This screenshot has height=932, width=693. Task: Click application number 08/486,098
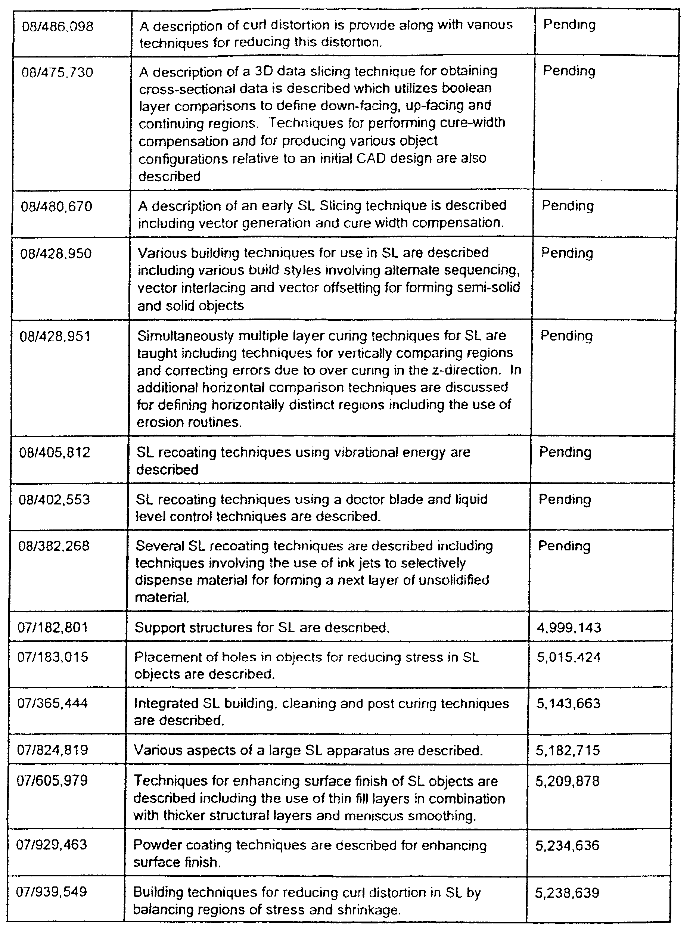[58, 27]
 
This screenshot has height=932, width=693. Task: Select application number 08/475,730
[57, 72]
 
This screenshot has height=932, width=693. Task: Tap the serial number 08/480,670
[56, 207]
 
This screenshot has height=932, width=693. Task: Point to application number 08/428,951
[55, 337]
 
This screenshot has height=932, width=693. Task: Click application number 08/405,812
[55, 453]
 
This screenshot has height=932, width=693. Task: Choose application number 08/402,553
[54, 500]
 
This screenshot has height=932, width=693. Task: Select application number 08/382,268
[54, 546]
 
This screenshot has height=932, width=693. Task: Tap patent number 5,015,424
[568, 657]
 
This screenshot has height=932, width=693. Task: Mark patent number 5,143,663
[568, 703]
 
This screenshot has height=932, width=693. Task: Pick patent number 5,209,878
[568, 782]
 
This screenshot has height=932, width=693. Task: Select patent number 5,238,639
[567, 892]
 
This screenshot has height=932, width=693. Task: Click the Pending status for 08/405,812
[565, 453]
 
